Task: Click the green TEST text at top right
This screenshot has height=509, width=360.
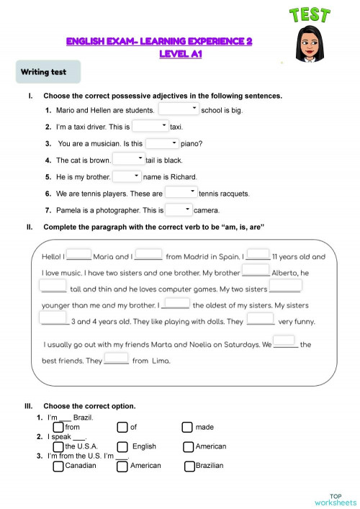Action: tap(311, 16)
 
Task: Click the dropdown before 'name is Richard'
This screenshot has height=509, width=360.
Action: tap(127, 176)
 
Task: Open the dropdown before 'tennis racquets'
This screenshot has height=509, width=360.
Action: tap(181, 193)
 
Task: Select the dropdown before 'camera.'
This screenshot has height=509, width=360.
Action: tap(179, 210)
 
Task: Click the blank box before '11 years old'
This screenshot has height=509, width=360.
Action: tap(258, 255)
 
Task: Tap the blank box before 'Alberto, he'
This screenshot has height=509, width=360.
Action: tap(256, 271)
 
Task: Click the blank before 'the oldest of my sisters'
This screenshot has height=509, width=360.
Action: tap(177, 304)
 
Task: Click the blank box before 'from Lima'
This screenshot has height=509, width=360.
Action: tap(116, 359)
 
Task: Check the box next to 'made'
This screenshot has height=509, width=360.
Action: tap(187, 427)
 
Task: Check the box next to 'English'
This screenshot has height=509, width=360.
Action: tap(122, 446)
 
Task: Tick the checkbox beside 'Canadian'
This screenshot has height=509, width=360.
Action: tap(58, 466)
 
